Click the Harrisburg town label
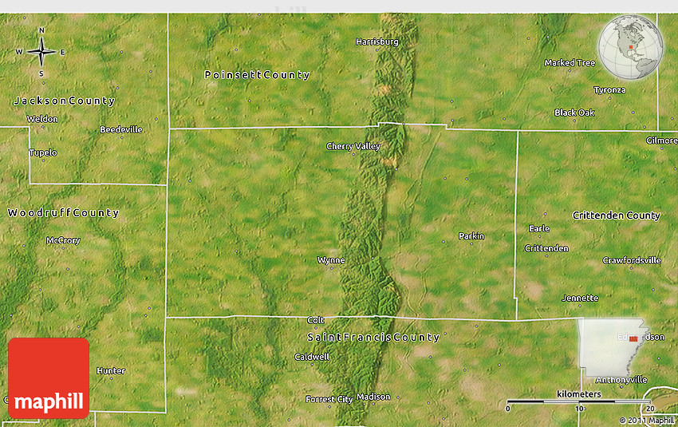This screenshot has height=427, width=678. coord(377,41)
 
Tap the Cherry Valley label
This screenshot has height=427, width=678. coord(353,146)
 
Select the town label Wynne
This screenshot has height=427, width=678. coord(331,260)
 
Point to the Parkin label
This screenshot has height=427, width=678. coord(471,236)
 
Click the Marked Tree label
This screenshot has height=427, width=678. coord(570,63)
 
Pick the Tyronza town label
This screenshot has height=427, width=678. coord(609,90)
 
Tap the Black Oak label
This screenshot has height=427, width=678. coord(574,113)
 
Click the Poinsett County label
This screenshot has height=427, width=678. coord(257,75)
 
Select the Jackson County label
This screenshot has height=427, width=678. coord(65,101)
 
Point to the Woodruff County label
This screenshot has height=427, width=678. coord(63,213)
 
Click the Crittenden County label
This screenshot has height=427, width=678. coord(616,215)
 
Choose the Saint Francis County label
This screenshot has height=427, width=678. coord(373,338)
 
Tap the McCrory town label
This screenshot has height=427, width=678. coord(63,240)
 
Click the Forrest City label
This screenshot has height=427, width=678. coord(329,399)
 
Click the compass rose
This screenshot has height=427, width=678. coord(41,53)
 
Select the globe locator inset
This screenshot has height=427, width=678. coord(631,48)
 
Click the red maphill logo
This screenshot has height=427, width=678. coord(49,378)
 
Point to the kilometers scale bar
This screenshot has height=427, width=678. coord(580,401)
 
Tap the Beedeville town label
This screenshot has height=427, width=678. coord(121,129)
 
